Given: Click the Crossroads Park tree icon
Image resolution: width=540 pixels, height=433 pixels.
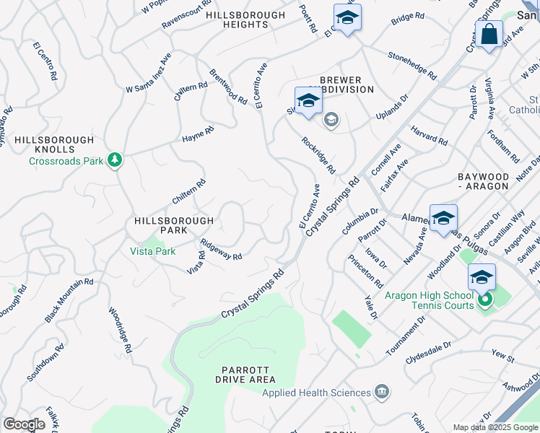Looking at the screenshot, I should coord(114,159).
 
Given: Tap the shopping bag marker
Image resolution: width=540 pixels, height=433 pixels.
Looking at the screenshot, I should coord(489,35).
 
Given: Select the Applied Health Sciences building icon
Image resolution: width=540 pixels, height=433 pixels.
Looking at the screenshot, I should coord(382,393).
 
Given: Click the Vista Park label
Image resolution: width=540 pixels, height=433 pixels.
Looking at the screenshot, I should coord(152,251).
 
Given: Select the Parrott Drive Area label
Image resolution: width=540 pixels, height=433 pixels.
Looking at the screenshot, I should coord(245,374).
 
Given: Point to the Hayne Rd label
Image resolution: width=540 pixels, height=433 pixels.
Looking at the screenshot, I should coord(198,134).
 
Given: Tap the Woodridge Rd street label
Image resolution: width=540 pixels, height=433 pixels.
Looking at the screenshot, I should coord(121,331).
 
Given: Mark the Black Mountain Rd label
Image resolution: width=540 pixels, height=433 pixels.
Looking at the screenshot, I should coord(69,300).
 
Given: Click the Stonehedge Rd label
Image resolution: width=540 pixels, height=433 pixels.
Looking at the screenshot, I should coord(412,65).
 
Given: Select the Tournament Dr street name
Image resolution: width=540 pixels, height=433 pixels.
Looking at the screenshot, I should coord(406,335).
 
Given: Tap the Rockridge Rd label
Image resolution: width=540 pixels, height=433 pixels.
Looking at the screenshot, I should coord(318,155).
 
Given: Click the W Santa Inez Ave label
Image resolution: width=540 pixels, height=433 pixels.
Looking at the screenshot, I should coord(148,72).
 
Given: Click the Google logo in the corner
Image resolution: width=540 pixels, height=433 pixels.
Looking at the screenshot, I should coord(24,424).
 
